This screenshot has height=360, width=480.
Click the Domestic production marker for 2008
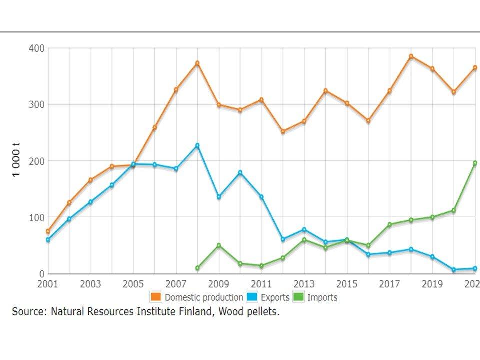coord(197,63)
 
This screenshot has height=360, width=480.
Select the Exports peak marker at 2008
coord(197,146)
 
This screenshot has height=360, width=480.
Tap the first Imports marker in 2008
coord(197,268)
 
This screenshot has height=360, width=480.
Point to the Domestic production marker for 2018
coord(411,56)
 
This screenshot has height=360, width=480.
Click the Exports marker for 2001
coord(48,240)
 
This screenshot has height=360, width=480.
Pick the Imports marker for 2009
coord(219,245)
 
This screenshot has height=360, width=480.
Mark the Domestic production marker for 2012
coord(283,132)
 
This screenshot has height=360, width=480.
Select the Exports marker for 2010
coord(240,173)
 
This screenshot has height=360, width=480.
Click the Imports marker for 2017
coord(390,225)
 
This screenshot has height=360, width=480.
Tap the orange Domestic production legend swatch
coord(156,297)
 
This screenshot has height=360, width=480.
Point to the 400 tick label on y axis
coord(38,48)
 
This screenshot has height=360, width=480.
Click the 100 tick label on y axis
coord(38,217)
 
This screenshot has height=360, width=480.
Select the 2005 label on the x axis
coord(133,284)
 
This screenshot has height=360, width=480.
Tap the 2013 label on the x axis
coord(304,284)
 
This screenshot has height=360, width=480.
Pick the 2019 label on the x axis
coord(432,284)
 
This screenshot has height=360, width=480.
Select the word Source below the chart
coord(29,312)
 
